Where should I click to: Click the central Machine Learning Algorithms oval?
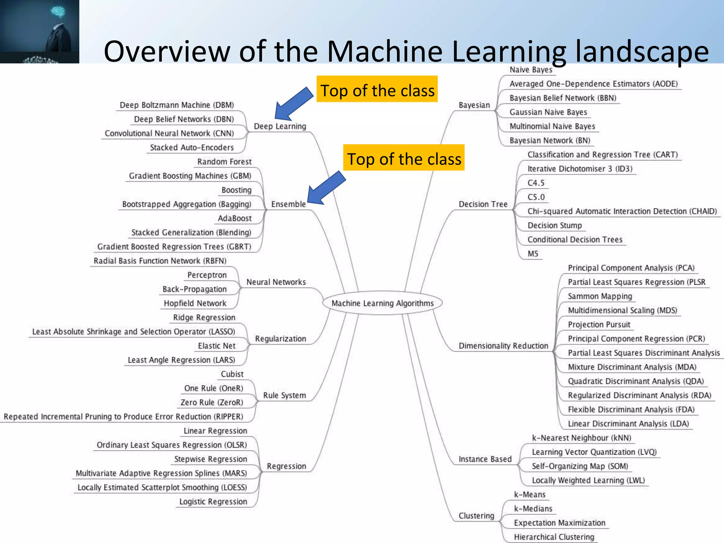382,303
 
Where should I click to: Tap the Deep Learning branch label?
280,126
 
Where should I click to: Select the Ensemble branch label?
288,204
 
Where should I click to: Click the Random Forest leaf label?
224,162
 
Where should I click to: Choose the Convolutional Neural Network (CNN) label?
169,133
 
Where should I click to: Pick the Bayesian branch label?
474,105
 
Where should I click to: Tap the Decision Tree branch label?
483,204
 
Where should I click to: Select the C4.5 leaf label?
536,183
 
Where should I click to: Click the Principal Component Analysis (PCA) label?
631,268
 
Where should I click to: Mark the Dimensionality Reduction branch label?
503,345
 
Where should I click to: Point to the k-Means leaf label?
530,494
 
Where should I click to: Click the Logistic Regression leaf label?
213,501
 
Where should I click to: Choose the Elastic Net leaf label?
216,345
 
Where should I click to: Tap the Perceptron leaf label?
207,275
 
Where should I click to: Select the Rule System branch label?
284,395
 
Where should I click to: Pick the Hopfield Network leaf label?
195,303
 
